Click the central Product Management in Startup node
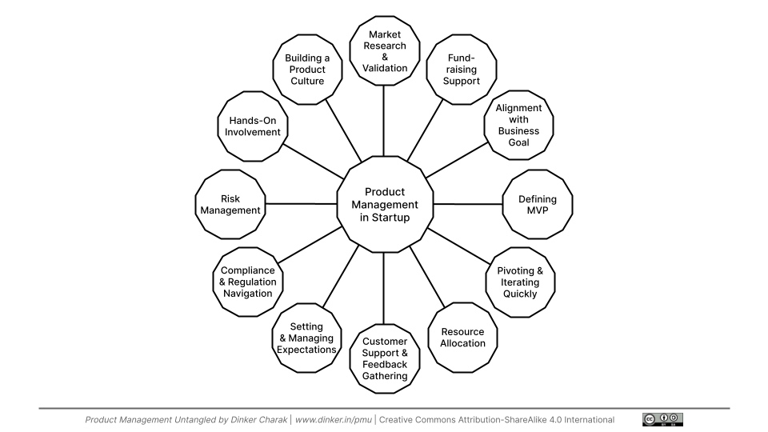point(383,204)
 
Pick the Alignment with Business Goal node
point(518,125)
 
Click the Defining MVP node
point(538,205)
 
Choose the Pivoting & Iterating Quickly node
point(520,282)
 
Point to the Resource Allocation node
point(462,337)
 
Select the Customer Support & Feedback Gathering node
point(384,358)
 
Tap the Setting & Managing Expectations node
point(306,338)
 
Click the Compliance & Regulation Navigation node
point(248,282)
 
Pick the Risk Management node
point(230,205)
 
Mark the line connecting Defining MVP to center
point(466,204)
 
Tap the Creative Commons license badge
point(662,419)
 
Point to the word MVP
point(538,211)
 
